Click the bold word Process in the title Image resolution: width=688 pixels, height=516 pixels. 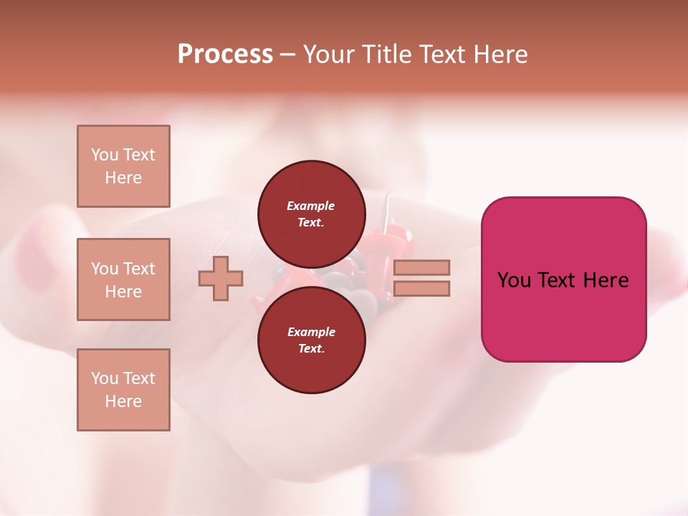225,54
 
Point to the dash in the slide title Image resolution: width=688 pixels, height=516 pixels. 287,55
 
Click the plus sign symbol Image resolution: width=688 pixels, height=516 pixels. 220,278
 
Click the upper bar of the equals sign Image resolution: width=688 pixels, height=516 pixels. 421,267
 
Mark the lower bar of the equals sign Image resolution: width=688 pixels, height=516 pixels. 421,288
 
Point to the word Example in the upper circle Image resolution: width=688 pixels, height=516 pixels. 310,206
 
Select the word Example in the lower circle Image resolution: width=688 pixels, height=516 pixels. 310,332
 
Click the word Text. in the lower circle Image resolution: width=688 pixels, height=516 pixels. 310,348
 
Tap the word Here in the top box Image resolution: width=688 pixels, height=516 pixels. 123,178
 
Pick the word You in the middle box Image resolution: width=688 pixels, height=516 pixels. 104,269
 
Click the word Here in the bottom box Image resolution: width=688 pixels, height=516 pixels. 123,401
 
